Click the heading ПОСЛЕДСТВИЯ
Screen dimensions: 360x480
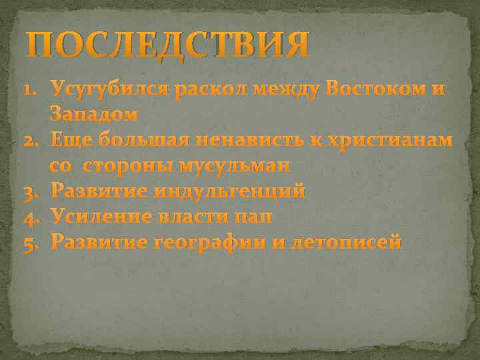pos(167,44)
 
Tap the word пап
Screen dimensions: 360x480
pos(253,217)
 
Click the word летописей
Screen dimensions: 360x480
pos(345,241)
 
